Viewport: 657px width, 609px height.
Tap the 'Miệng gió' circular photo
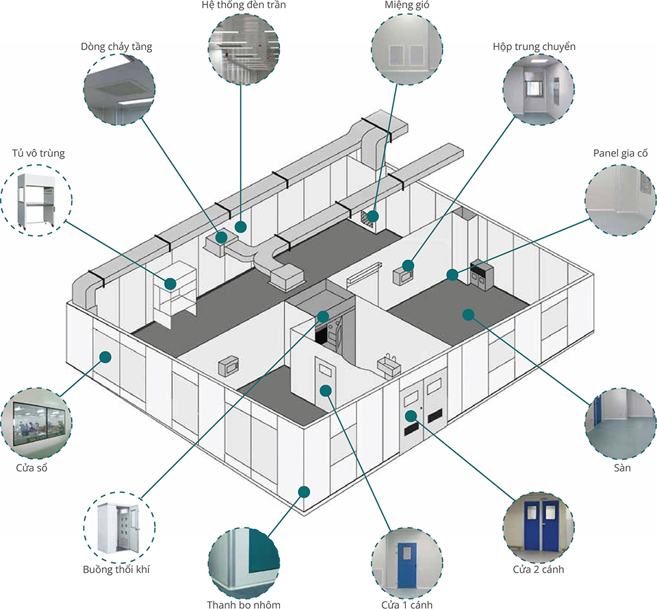click(408, 49)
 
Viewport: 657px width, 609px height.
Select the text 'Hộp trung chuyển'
click(534, 47)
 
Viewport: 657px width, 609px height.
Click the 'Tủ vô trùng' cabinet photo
click(36, 200)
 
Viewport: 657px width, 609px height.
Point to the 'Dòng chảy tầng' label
click(116, 47)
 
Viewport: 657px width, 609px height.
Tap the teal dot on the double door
click(411, 416)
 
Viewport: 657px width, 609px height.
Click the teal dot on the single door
click(326, 391)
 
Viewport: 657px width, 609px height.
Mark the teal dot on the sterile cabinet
click(170, 283)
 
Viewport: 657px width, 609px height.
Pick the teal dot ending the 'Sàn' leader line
click(468, 315)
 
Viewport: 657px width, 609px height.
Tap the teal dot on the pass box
click(409, 265)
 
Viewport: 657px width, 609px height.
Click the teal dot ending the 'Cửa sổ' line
click(105, 357)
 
